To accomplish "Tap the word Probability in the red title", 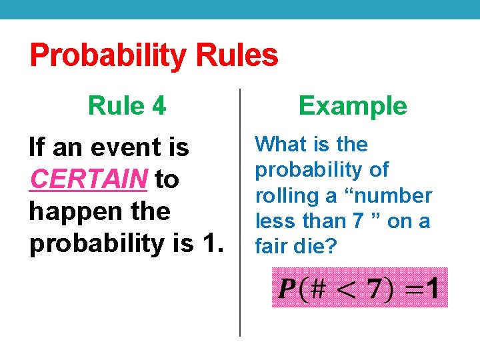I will pos(105,55).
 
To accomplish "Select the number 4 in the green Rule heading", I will pos(159,105).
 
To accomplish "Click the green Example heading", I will pos(353,105).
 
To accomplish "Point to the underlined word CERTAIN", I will pos(89,179).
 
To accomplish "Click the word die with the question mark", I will pos(319,246).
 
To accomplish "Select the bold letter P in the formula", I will pos(287,289).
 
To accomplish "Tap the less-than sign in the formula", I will pos(347,289).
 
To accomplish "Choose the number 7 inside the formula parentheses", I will pos(376,289).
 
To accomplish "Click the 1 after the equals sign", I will pos(433,289).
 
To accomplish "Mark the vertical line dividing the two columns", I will pos(240,213).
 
